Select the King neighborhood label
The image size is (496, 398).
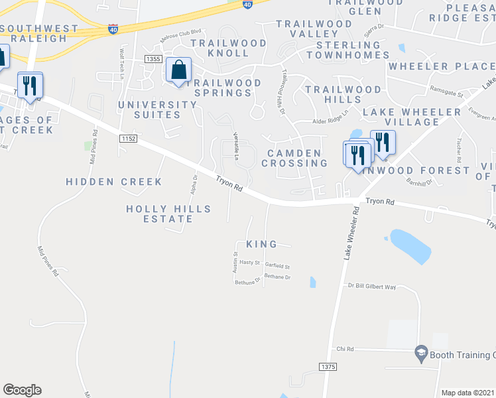point(261,244)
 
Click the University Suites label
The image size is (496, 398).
point(157,110)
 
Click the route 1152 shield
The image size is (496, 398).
point(128,138)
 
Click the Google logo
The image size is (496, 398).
point(22,389)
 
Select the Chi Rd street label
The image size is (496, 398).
point(345,348)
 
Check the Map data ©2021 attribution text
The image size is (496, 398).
point(468,393)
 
